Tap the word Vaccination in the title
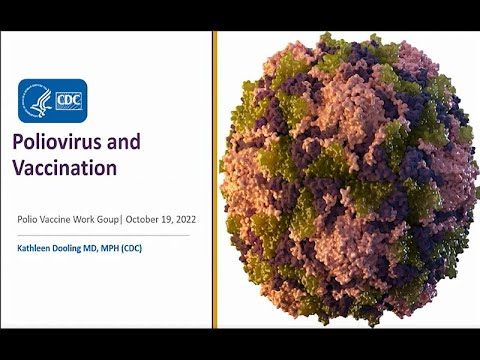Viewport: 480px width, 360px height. click(67, 168)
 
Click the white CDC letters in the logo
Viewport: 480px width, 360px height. click(68, 100)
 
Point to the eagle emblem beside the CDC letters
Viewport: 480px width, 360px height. click(38, 100)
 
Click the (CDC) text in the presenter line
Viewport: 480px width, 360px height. click(149, 246)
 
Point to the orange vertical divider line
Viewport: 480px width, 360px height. click(213, 180)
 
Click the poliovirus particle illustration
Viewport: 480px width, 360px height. click(345, 180)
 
